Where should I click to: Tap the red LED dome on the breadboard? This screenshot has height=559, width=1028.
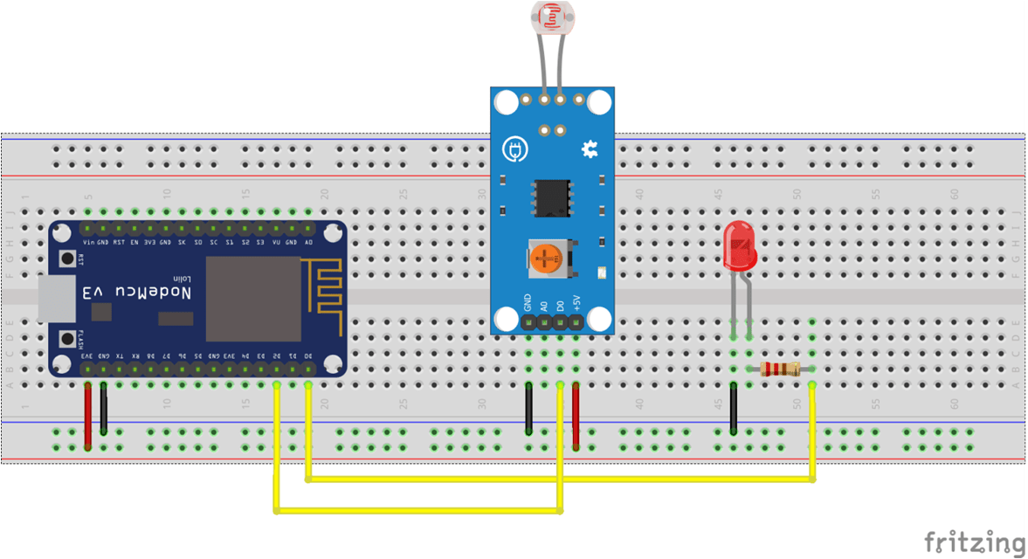click(x=740, y=244)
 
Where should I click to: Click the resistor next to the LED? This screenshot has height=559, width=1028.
click(x=779, y=369)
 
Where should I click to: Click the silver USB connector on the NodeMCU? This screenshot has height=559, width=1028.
click(x=57, y=299)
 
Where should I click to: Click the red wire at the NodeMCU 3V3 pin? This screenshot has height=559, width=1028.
click(x=87, y=417)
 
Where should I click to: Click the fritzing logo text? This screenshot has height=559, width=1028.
click(x=973, y=541)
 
